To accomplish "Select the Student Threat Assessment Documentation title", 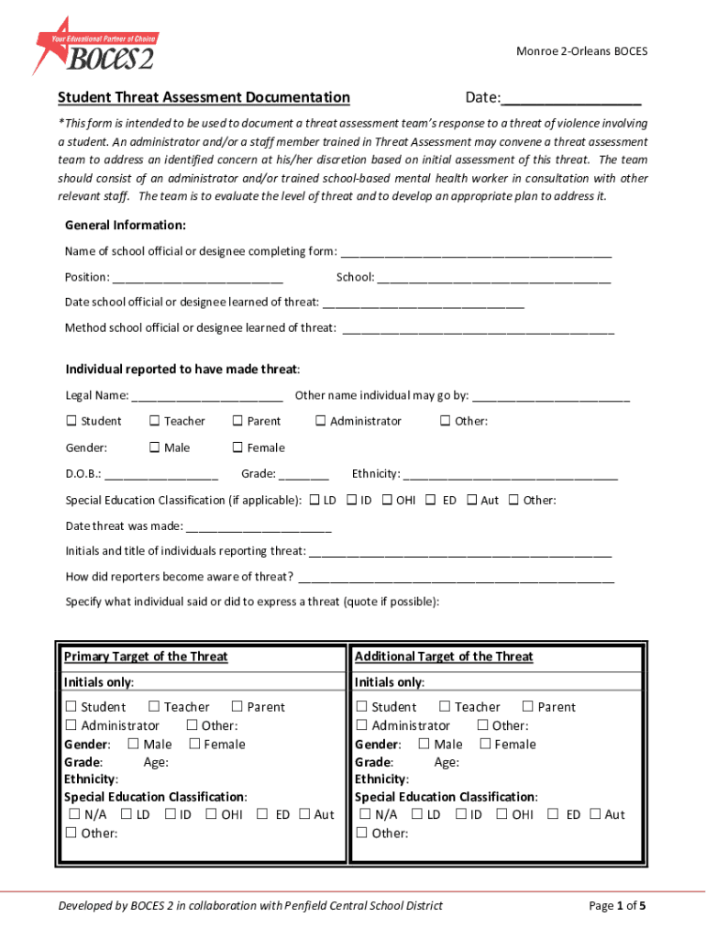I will pyautogui.click(x=204, y=97).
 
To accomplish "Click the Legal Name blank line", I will pyautogui.click(x=207, y=397).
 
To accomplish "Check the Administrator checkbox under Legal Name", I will pyautogui.click(x=321, y=421).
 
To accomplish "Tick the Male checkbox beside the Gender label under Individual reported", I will pyautogui.click(x=155, y=447).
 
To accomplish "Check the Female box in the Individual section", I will pyautogui.click(x=237, y=447).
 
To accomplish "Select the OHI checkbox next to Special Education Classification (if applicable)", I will pyautogui.click(x=387, y=500).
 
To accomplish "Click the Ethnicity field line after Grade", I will pyautogui.click(x=511, y=475).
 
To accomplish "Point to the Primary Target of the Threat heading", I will pyautogui.click(x=146, y=657).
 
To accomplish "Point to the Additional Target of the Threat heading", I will pyautogui.click(x=444, y=657).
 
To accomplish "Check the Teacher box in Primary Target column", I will pyautogui.click(x=155, y=706).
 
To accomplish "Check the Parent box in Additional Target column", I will pyautogui.click(x=527, y=706).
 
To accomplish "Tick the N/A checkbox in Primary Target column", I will pyautogui.click(x=72, y=814).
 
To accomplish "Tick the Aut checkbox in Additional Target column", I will pyautogui.click(x=595, y=814).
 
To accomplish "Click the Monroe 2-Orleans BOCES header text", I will pyautogui.click(x=581, y=51).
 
